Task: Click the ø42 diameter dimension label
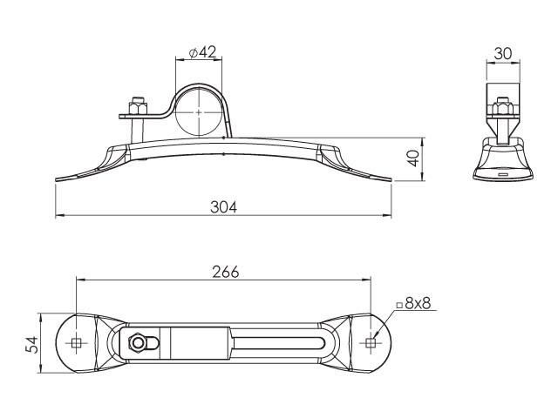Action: click(202, 52)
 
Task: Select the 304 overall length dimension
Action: click(223, 207)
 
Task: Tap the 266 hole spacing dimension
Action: click(226, 273)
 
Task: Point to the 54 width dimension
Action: click(32, 344)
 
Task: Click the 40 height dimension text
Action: click(413, 158)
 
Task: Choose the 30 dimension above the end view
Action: click(503, 54)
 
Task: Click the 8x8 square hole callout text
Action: click(418, 304)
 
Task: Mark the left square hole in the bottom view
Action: click(76, 343)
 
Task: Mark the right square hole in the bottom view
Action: click(371, 343)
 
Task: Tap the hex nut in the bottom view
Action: click(138, 343)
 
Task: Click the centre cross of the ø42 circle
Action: click(199, 112)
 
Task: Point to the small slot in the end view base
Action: click(503, 174)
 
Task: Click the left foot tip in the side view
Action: click(56, 180)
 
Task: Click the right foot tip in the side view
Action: click(391, 180)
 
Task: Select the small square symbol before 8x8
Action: click(399, 305)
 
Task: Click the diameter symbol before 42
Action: click(194, 53)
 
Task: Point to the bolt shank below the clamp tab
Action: click(138, 130)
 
